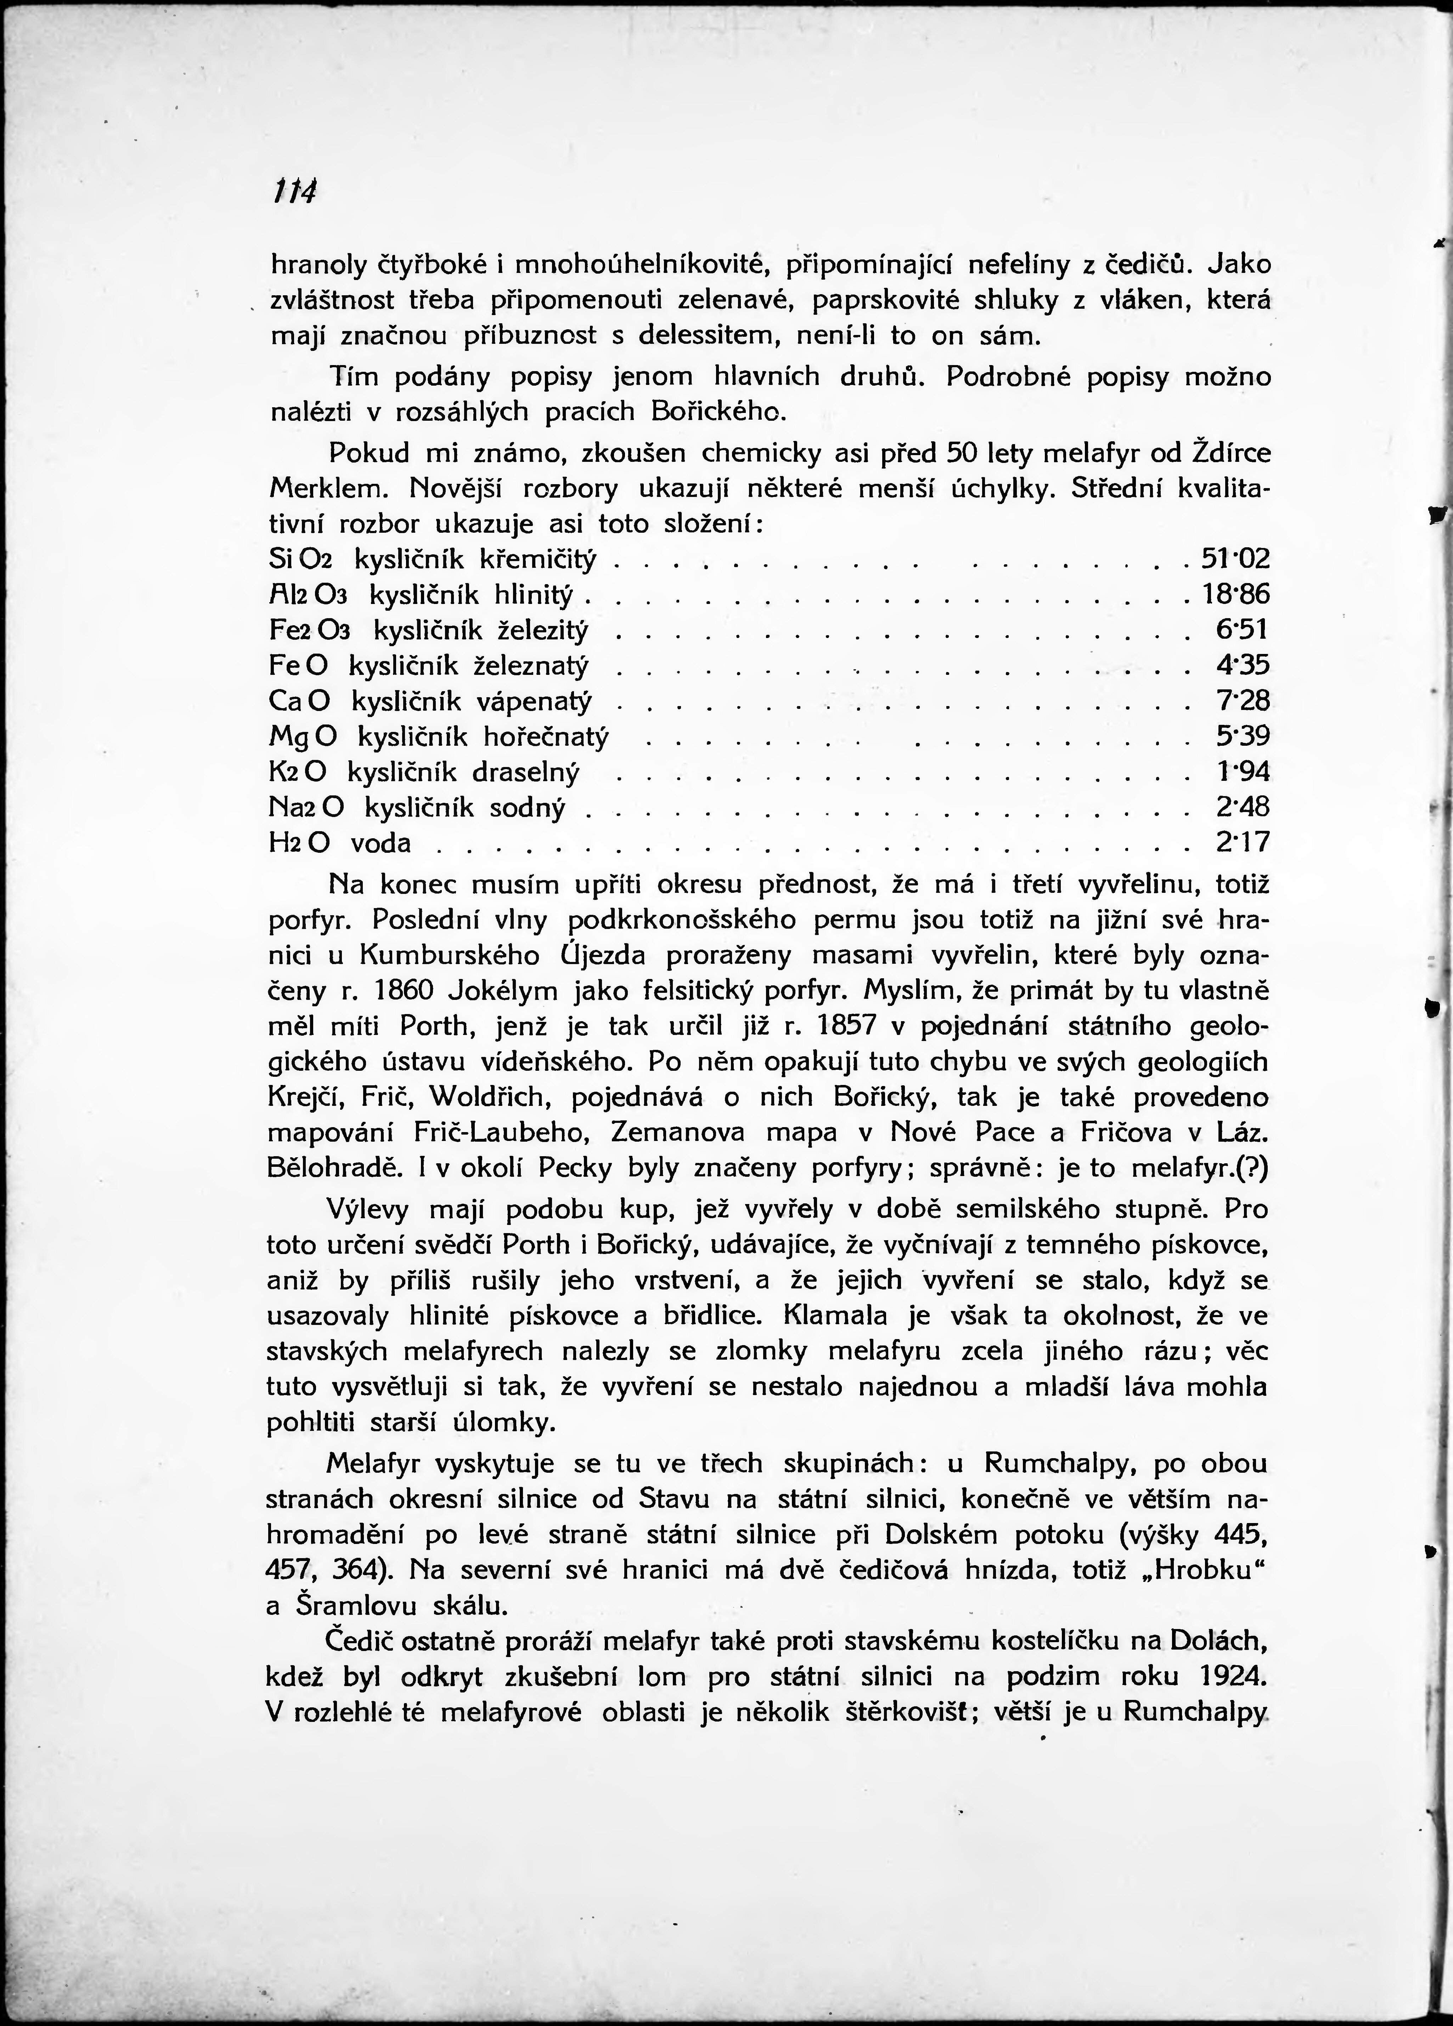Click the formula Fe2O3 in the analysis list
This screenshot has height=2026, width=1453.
click(x=309, y=631)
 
